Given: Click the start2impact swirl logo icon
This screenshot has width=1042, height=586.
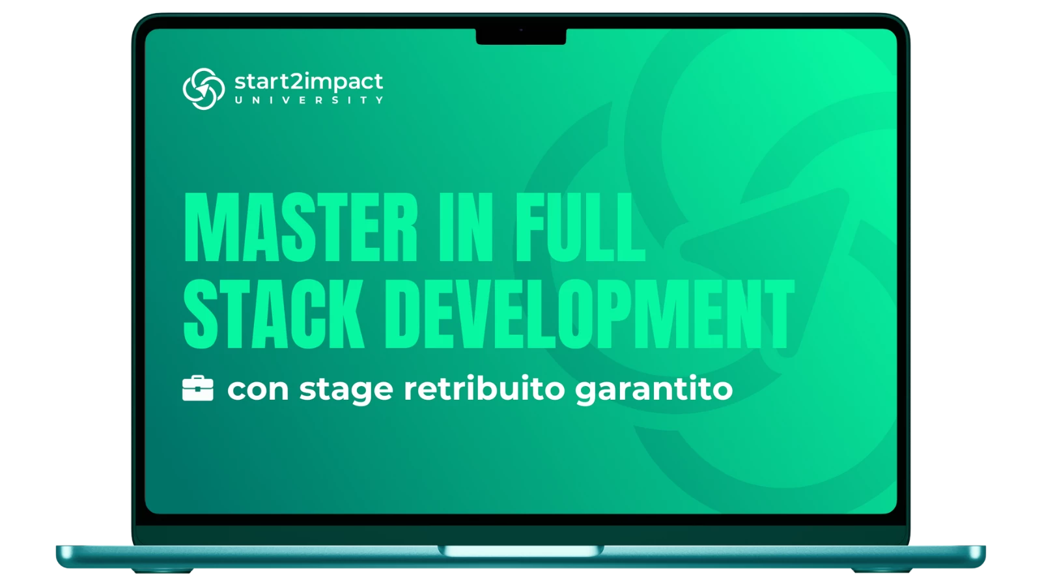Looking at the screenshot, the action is [x=204, y=89].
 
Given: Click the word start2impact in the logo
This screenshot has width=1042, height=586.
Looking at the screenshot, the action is [x=309, y=82].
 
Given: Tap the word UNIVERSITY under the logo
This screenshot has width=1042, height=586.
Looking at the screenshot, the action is [x=309, y=100].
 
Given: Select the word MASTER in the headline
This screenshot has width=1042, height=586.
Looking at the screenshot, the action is [x=301, y=227].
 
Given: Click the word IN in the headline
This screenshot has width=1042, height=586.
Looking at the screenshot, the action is [x=466, y=227].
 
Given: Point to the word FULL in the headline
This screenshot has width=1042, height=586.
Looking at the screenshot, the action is [x=580, y=227].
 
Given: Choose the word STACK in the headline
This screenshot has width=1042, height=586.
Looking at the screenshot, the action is [x=273, y=314].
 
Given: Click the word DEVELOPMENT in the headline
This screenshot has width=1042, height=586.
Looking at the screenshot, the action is [x=589, y=314].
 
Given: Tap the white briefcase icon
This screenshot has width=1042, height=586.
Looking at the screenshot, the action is [x=198, y=388].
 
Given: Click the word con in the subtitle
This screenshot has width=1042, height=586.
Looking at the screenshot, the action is [x=258, y=389].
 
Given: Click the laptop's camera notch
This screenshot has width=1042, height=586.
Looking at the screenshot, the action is [x=521, y=36].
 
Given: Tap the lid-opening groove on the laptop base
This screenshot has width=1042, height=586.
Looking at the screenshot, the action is [x=521, y=551].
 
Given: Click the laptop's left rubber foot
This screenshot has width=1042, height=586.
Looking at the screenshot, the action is [x=162, y=570].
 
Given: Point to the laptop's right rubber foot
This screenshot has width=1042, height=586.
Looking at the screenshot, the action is [x=881, y=570].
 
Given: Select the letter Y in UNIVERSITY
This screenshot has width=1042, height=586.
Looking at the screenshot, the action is [x=380, y=100].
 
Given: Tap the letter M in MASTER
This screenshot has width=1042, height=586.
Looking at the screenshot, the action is [x=208, y=227].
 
